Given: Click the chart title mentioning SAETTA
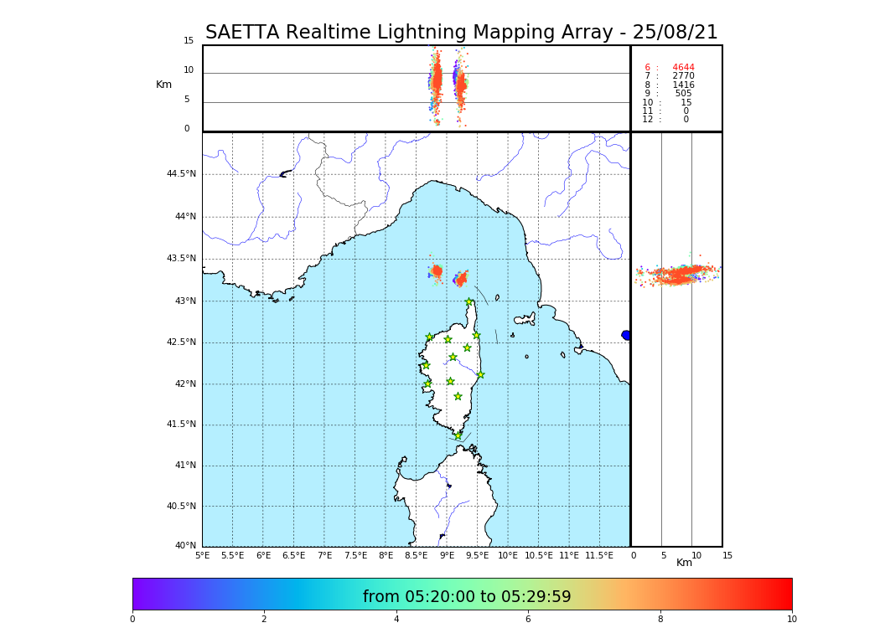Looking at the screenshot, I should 461,33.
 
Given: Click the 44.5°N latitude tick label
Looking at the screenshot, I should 180,174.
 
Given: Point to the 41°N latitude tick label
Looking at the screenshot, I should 184,466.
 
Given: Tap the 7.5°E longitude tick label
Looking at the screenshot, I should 355,555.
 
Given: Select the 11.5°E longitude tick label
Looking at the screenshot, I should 599,555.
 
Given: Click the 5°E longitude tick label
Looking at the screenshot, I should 202,555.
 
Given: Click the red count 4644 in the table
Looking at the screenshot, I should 683,68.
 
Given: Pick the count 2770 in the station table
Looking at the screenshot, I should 683,76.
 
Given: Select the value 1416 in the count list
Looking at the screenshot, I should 683,85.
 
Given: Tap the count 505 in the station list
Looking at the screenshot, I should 683,94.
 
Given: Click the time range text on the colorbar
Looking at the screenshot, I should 467,597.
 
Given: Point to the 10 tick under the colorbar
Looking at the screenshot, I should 791,619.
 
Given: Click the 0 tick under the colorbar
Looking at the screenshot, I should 132,619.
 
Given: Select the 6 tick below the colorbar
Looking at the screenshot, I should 528,619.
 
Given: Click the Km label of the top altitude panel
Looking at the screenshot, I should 163,85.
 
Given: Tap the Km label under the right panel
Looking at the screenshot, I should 684,563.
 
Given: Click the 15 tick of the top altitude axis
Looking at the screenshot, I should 189,41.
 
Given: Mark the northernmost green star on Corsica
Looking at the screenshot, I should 469,302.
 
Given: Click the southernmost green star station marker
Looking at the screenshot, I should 458,435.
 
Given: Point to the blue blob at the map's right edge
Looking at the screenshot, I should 626,335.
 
